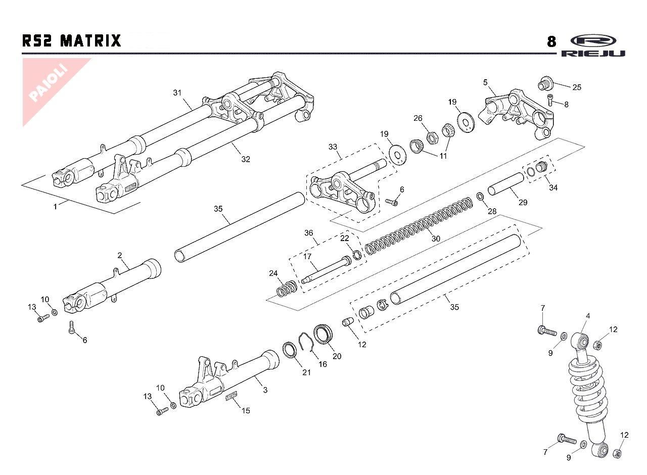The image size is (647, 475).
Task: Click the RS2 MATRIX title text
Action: (72, 40)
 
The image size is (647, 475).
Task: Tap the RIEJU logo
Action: (592, 46)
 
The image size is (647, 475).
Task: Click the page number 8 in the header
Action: (552, 41)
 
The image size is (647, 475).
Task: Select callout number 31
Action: (177, 92)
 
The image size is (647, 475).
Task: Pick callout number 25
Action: (577, 87)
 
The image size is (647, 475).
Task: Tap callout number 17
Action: (307, 256)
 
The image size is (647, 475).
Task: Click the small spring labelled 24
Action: (287, 290)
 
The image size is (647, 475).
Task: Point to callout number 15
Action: (246, 410)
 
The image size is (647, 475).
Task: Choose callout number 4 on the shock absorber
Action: (588, 316)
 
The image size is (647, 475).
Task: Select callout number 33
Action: (332, 147)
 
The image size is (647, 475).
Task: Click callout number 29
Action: (523, 202)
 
